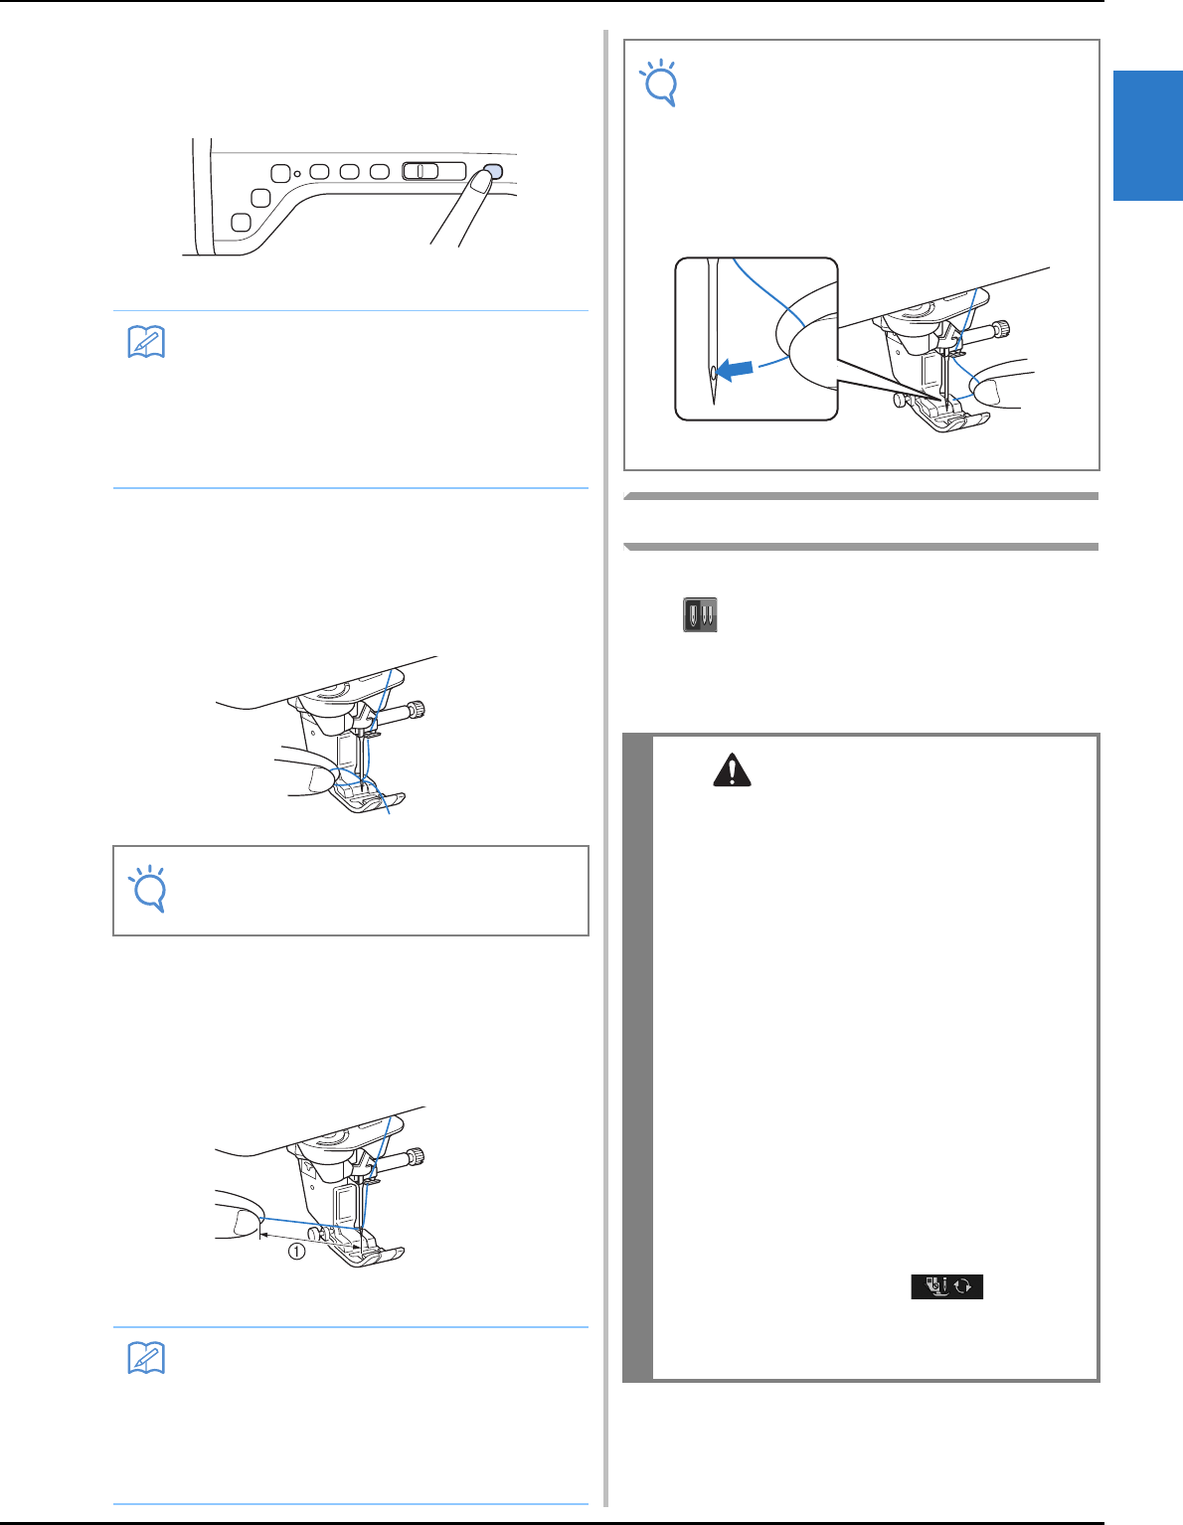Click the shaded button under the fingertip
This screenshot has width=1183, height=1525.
tap(495, 171)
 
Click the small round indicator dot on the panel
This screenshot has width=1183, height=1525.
tap(297, 173)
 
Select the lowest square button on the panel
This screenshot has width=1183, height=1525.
tap(242, 223)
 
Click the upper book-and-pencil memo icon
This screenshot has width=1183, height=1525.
tap(147, 342)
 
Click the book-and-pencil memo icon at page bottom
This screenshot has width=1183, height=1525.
tap(147, 1358)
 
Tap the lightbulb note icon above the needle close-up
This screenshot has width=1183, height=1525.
tap(660, 84)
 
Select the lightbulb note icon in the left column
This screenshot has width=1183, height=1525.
tap(149, 889)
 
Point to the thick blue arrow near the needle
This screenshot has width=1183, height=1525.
tap(736, 369)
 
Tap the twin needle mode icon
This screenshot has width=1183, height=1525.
tap(700, 614)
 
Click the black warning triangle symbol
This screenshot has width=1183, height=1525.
tap(732, 769)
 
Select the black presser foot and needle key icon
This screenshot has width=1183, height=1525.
tap(946, 1286)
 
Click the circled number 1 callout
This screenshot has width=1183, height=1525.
tap(297, 1252)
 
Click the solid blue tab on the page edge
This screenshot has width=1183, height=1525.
tap(1148, 135)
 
